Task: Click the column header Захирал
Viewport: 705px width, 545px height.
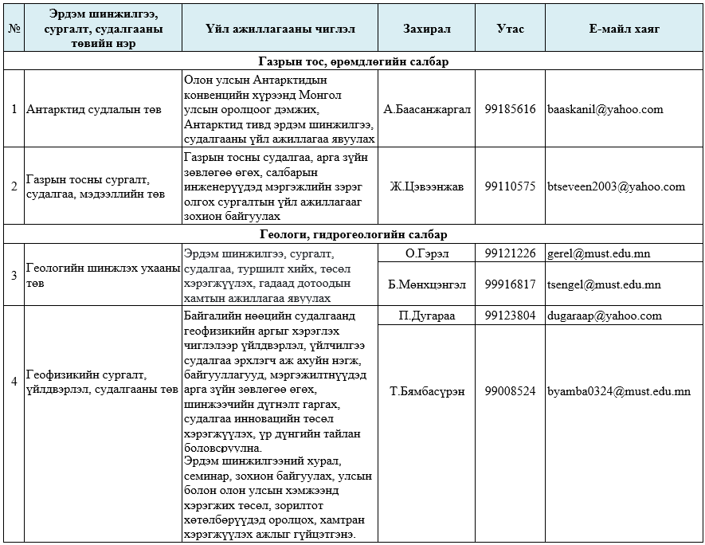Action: [426, 29]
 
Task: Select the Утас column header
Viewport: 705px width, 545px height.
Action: [510, 29]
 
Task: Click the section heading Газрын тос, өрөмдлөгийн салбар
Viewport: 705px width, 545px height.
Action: [353, 61]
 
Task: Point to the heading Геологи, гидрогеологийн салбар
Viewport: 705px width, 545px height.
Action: [353, 234]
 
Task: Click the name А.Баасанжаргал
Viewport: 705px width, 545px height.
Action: [426, 109]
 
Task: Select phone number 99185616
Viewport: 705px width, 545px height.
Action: [510, 109]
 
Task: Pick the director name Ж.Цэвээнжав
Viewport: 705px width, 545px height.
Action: [426, 186]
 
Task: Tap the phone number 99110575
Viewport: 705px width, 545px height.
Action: [510, 186]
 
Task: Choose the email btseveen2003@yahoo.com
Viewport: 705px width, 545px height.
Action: [616, 186]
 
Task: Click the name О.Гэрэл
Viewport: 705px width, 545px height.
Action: [426, 253]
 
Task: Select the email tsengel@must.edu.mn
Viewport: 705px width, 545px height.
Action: [604, 284]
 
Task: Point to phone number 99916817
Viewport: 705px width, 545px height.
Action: [510, 284]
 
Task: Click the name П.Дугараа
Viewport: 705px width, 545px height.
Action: [426, 315]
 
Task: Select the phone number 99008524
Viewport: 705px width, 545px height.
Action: [510, 391]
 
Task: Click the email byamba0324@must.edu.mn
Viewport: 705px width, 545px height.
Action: [618, 391]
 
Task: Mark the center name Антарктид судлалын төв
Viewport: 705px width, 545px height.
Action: [93, 109]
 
